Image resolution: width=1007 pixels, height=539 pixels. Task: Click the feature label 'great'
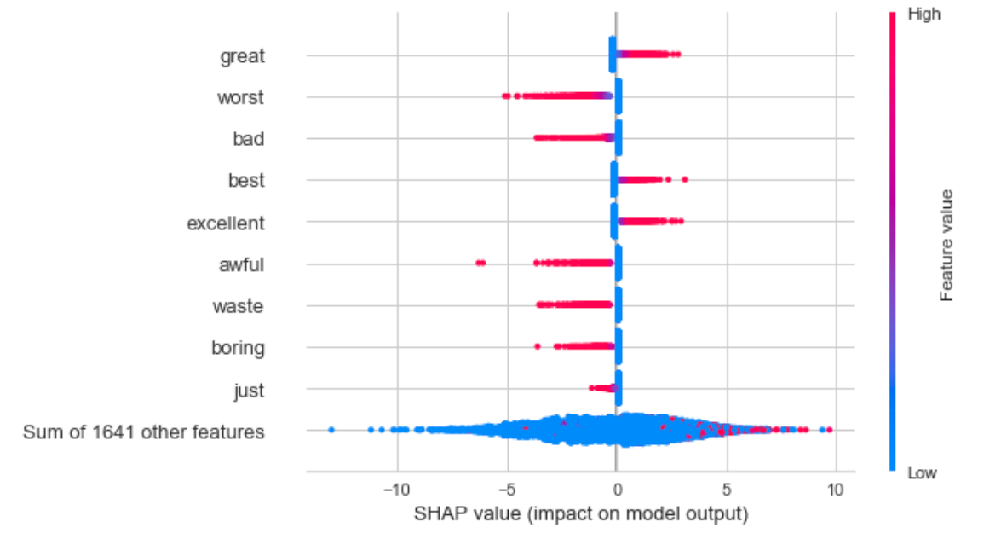coord(242,56)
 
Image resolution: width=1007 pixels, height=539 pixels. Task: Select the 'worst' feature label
coord(239,97)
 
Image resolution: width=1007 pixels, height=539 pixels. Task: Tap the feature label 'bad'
coord(248,138)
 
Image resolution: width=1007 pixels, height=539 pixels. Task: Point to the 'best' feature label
coord(246,180)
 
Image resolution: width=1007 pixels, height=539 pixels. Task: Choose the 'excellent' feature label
coord(226,223)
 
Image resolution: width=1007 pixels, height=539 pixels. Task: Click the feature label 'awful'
coord(241,264)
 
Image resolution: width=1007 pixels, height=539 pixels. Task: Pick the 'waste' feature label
coord(238,305)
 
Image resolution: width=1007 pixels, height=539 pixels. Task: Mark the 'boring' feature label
coord(238,347)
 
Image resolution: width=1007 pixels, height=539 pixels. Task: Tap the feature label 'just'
coord(249,391)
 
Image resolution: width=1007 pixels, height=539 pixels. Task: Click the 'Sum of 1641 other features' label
coord(143,432)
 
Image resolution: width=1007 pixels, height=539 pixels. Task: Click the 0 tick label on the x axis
coord(616,490)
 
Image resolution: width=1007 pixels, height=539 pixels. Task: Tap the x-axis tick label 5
coord(726,490)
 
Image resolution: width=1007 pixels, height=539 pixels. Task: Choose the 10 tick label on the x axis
coord(835,490)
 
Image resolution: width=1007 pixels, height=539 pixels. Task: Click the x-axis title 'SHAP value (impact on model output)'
coord(580,514)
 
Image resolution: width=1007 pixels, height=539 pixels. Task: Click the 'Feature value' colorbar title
coord(947,246)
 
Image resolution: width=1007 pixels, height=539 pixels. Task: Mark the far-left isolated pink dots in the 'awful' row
coord(480,263)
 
